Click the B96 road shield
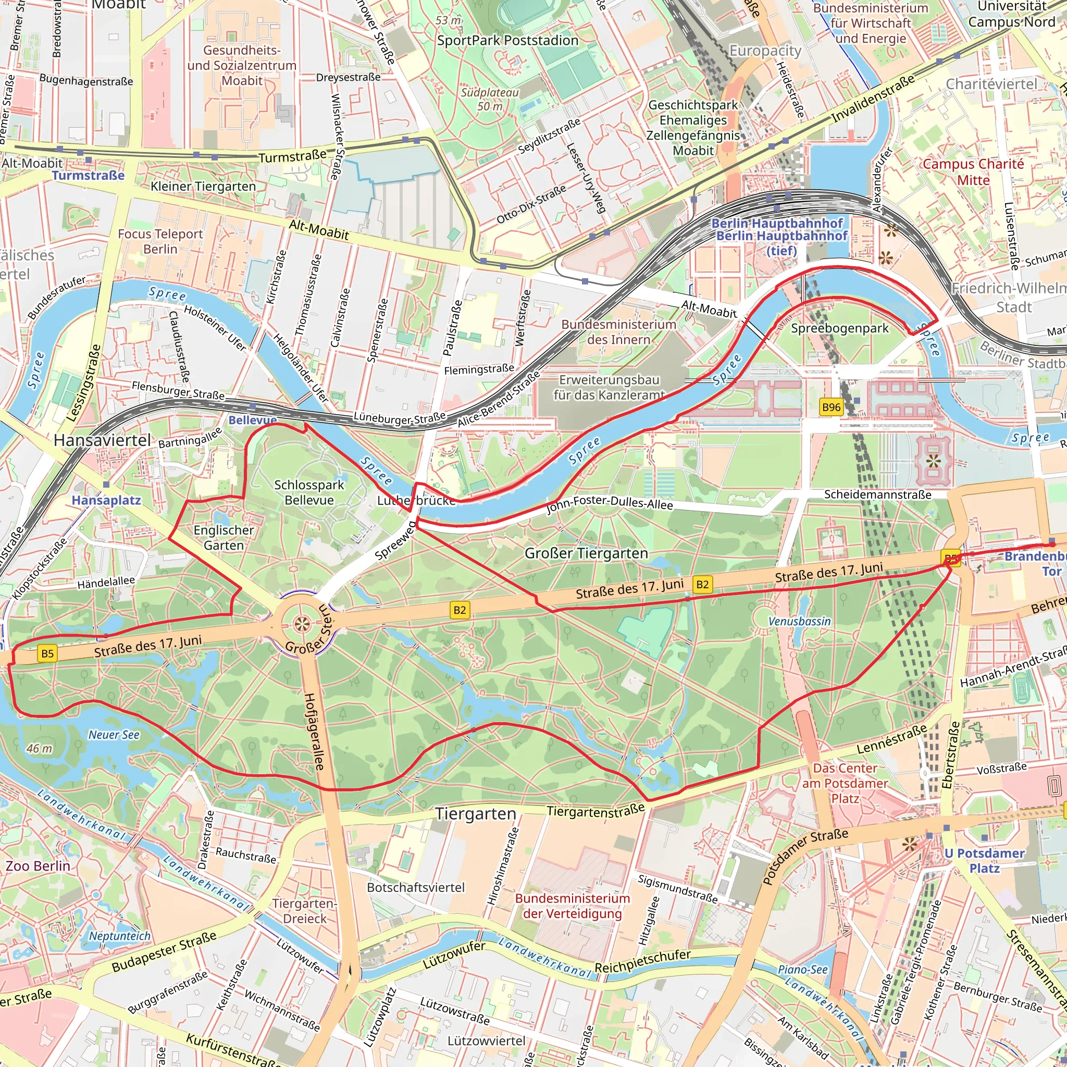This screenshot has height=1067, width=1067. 831,407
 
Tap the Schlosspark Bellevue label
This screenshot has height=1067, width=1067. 309,492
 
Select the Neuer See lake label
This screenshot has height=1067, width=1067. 114,735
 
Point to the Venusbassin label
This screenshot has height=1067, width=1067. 799,622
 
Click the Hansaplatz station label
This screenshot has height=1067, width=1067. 106,500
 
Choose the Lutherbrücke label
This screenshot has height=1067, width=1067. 416,500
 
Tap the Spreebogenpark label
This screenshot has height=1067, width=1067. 839,328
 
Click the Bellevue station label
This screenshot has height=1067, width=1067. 252,420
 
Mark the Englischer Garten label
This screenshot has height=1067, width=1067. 224,537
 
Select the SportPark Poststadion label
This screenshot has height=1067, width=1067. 507,40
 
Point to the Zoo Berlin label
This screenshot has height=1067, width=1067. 38,865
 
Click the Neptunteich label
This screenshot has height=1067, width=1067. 120,936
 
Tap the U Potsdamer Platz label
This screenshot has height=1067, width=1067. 984,861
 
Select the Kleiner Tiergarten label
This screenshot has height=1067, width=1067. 203,186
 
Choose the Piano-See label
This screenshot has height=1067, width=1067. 802,969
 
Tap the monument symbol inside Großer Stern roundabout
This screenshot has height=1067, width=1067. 301,625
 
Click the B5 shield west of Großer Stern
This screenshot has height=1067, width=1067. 47,653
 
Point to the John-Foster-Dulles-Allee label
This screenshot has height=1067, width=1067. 610,503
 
